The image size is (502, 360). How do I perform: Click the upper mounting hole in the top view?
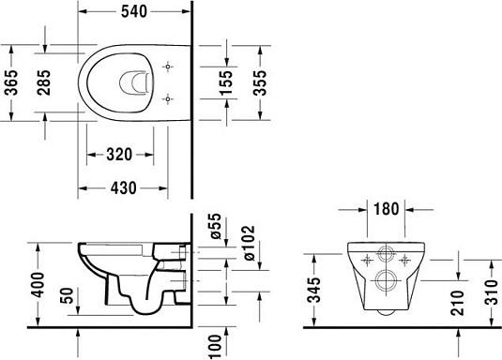tap(168, 67)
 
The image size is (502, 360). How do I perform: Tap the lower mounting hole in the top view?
tap(168, 97)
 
